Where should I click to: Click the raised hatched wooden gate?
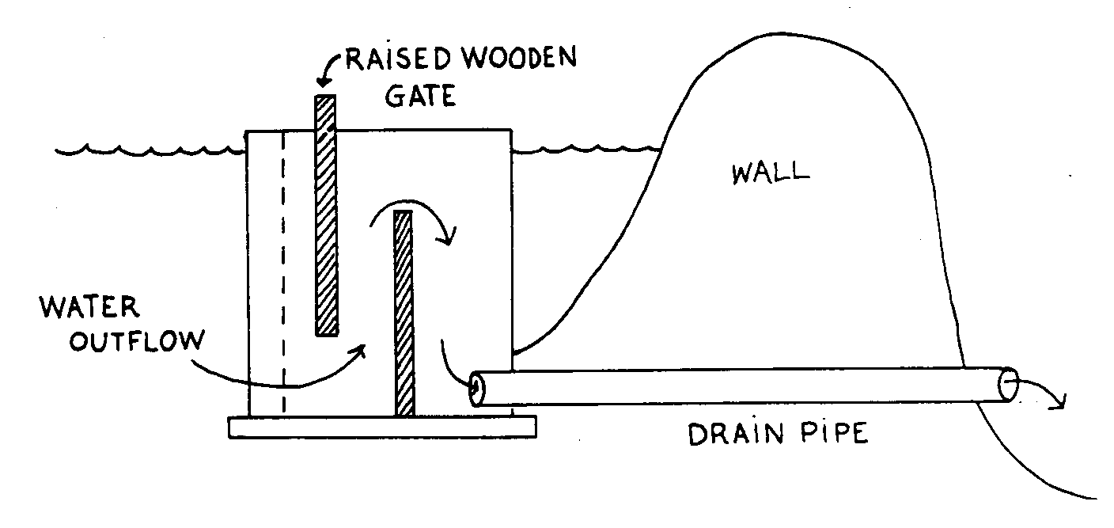(x=326, y=214)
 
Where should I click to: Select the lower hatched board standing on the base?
(x=404, y=313)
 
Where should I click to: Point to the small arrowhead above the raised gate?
(x=324, y=80)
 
